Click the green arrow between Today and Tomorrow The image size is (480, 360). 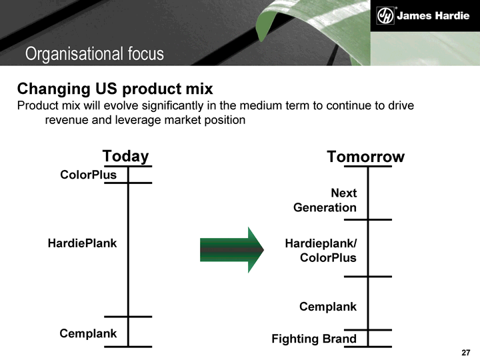232,250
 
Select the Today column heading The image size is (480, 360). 125,156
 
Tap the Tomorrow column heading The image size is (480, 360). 365,157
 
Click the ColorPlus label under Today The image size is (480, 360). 88,175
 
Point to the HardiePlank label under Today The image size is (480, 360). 83,243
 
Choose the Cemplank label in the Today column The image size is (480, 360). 88,333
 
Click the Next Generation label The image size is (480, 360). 325,200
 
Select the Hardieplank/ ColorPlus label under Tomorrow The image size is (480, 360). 321,251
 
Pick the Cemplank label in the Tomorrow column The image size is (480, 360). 328,307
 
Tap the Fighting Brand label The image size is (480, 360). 314,339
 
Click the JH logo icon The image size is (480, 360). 385,15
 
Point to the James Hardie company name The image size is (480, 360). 433,15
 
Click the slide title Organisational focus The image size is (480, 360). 95,53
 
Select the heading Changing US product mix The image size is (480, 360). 115,89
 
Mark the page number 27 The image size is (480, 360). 466,353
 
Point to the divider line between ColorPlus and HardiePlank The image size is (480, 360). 128,183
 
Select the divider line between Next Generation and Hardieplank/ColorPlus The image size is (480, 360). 368,219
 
